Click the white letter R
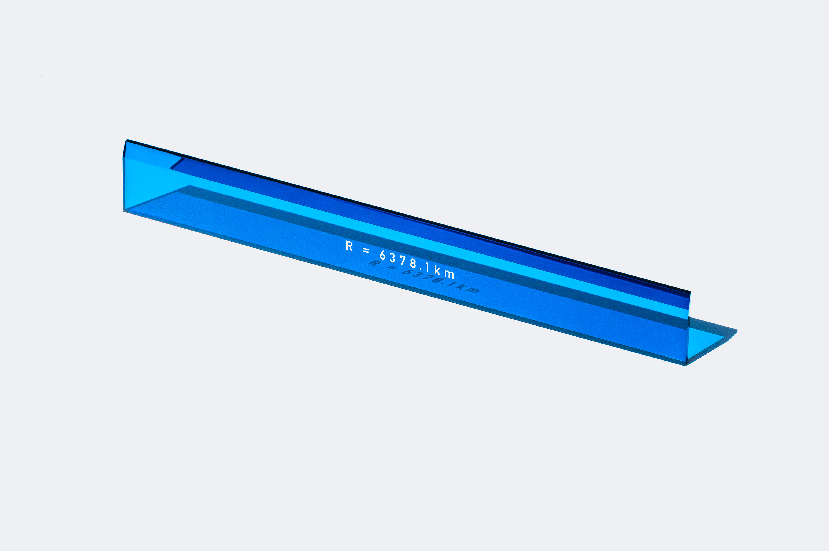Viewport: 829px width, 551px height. [349, 246]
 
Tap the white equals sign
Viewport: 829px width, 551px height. [366, 251]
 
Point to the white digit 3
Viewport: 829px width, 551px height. [392, 258]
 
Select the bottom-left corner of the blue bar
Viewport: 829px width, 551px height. [124, 211]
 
